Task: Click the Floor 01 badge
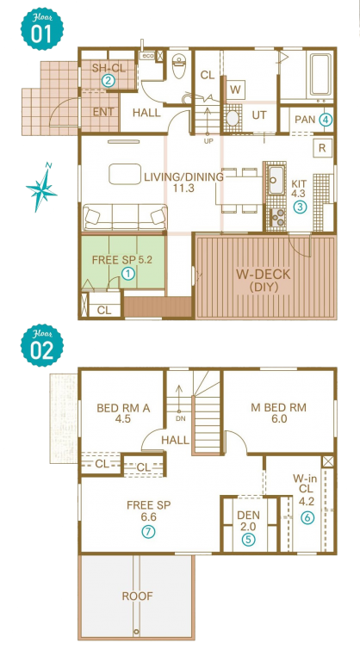click(x=42, y=28)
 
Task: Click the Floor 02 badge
click(x=42, y=345)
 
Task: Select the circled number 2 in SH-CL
click(x=109, y=81)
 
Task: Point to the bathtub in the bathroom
click(x=320, y=76)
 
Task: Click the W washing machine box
click(x=235, y=90)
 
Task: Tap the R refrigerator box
click(x=322, y=149)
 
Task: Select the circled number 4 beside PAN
click(x=326, y=120)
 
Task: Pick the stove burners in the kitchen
click(x=277, y=217)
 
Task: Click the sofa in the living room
click(x=125, y=217)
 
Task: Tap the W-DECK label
click(x=263, y=274)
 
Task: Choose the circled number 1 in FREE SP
click(x=129, y=273)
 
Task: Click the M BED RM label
click(x=279, y=408)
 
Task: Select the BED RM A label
click(x=123, y=408)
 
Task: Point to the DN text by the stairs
click(x=180, y=418)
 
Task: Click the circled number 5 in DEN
click(x=248, y=539)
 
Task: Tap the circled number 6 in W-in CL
click(x=307, y=517)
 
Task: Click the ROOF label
click(x=137, y=596)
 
